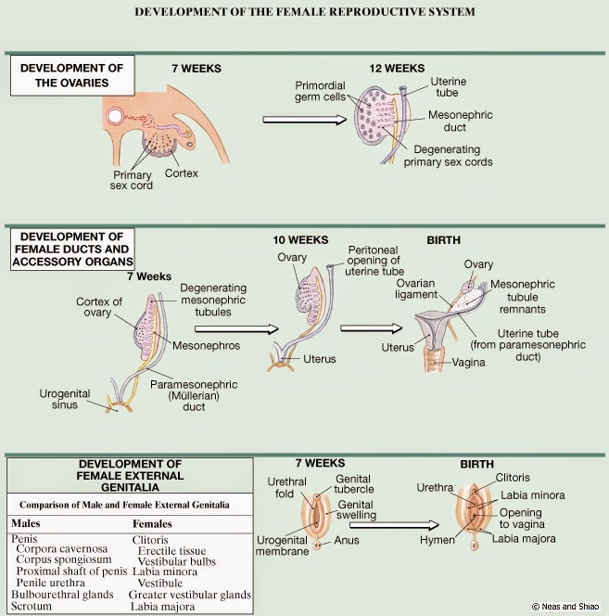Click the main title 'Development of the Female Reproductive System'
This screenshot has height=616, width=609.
305,12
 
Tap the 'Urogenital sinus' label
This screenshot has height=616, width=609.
66,398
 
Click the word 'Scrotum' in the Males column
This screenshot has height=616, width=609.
34,606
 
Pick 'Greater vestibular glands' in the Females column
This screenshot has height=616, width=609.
190,595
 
